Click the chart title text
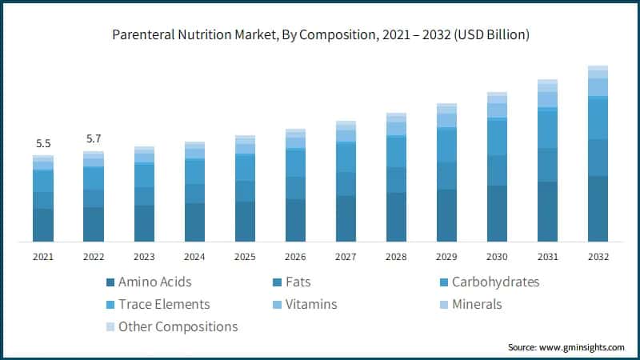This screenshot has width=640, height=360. [x=319, y=34]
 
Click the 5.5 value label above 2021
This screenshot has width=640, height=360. [x=43, y=144]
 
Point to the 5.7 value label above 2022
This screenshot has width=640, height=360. [x=94, y=139]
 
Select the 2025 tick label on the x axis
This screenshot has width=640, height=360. [x=245, y=257]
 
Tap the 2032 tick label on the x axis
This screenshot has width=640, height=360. [x=598, y=257]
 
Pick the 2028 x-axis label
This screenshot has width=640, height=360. [x=396, y=257]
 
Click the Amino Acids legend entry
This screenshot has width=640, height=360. [x=154, y=282]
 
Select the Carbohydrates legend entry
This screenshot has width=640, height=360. [x=495, y=282]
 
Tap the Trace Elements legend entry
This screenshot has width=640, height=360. [x=163, y=305]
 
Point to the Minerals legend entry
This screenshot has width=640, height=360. [x=476, y=305]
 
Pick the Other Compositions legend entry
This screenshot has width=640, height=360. [x=178, y=326]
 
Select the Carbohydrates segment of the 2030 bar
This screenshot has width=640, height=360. [x=497, y=137]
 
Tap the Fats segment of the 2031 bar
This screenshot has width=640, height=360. [x=547, y=165]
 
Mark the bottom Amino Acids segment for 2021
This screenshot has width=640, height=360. [x=43, y=225]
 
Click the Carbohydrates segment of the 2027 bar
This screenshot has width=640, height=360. [x=346, y=158]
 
